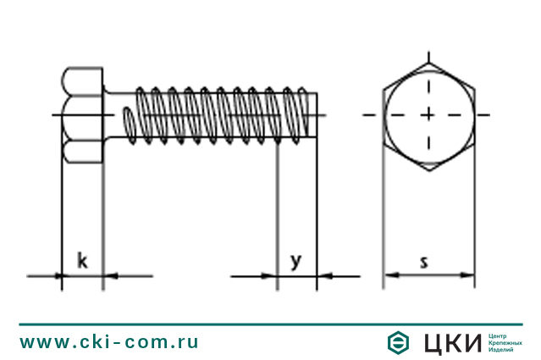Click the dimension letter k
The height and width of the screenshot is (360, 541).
pyautogui.click(x=82, y=260)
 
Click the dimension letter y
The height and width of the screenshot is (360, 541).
pyautogui.click(x=296, y=261)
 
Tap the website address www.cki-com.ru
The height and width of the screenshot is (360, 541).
pyautogui.click(x=109, y=342)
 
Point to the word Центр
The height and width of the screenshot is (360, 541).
pyautogui.click(x=500, y=335)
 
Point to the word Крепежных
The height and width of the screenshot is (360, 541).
pyautogui.click(x=505, y=342)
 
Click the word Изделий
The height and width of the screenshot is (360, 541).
pyautogui.click(x=502, y=349)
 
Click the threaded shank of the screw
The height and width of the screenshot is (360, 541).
pyautogui.click(x=220, y=114)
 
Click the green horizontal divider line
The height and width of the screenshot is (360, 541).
pyautogui.click(x=270, y=323)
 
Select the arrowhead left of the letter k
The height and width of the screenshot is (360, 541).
pyautogui.click(x=58, y=275)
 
